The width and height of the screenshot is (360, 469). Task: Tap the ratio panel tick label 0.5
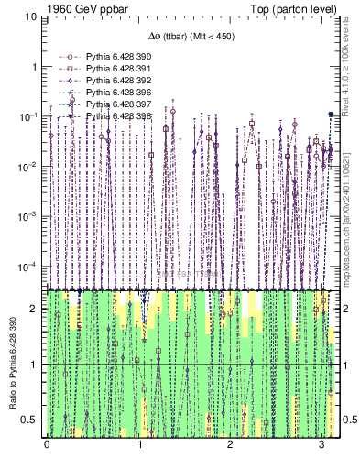pos(30,420)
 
